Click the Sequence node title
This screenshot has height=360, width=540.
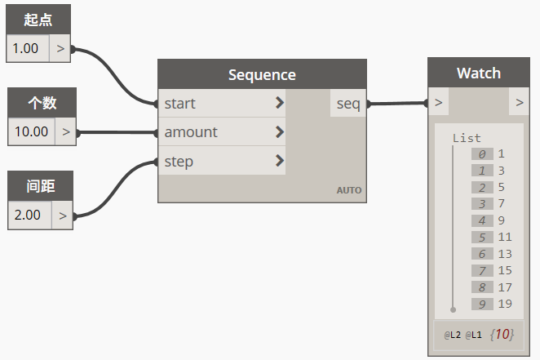coord(262,75)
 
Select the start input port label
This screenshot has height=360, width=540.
coord(179,104)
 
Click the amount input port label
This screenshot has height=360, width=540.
coord(191,132)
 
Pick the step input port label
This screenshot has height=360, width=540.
coord(179,162)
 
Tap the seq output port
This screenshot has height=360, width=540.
coord(348,104)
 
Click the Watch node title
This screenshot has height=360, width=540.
coord(479,73)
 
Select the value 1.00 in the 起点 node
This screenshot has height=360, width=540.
coord(25,48)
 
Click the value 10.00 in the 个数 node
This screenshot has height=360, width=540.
coord(31,131)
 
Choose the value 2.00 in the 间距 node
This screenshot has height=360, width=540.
coord(27,215)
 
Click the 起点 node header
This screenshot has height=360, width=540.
coord(38,20)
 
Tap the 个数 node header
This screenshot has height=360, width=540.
coord(42,103)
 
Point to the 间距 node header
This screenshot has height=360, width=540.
coord(40,186)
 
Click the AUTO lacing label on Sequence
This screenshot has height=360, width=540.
coord(349,190)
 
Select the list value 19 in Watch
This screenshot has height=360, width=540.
coord(505,304)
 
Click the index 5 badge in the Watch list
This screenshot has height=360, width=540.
coord(482,237)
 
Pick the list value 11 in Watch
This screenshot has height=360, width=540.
coord(505,237)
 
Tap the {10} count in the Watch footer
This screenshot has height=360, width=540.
coord(502,334)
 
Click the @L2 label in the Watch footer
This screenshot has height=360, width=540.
coord(452,335)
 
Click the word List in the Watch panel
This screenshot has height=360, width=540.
coord(467,138)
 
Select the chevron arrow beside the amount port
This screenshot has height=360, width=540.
coord(280,131)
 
